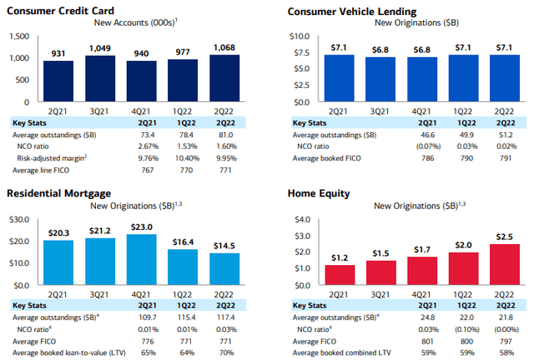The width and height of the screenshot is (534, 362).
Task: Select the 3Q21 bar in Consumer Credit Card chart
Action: [x=102, y=79]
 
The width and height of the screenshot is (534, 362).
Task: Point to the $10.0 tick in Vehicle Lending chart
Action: [x=299, y=36]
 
